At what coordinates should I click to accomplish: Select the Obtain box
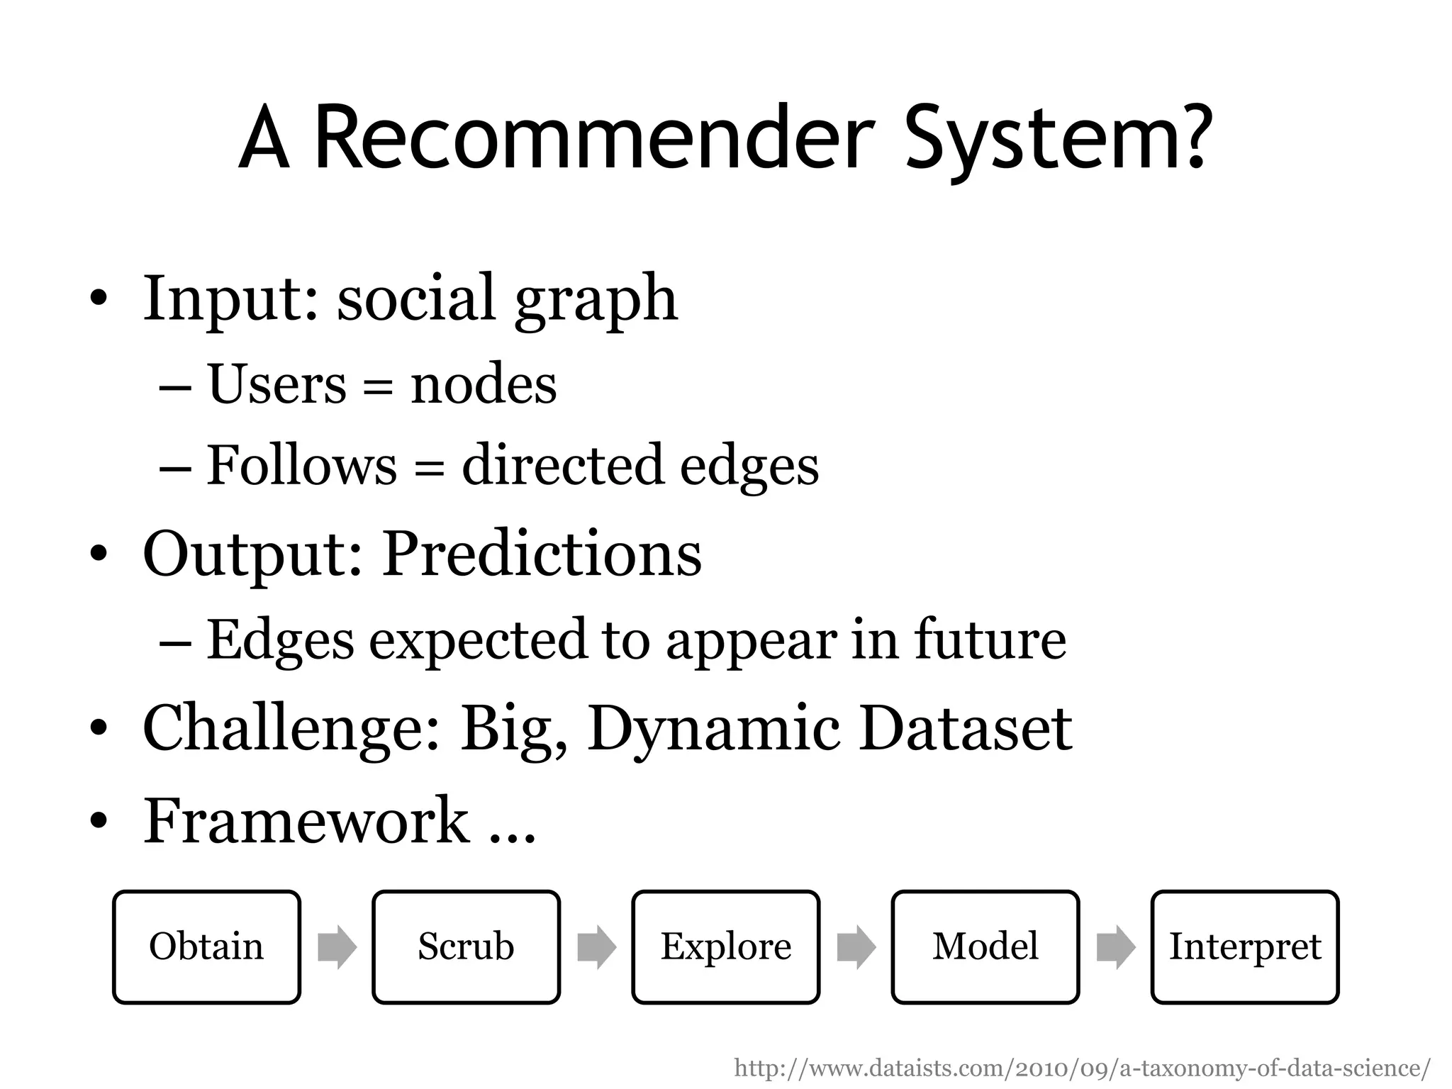tap(206, 946)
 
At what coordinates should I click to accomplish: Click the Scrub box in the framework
tap(466, 946)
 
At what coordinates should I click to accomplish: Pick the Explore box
tap(725, 946)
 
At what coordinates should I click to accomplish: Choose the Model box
tap(985, 946)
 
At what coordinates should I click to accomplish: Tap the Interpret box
tap(1245, 946)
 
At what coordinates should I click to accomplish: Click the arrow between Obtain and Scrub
tap(337, 946)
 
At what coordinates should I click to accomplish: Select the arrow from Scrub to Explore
tap(596, 946)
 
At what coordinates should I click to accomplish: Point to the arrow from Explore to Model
tap(856, 946)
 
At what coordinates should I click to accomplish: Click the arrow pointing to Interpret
tap(1115, 946)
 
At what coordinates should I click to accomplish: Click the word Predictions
tap(542, 554)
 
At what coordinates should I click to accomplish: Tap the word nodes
tap(484, 385)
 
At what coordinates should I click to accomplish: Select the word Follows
tap(302, 466)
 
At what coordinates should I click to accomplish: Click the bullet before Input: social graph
tap(99, 298)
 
